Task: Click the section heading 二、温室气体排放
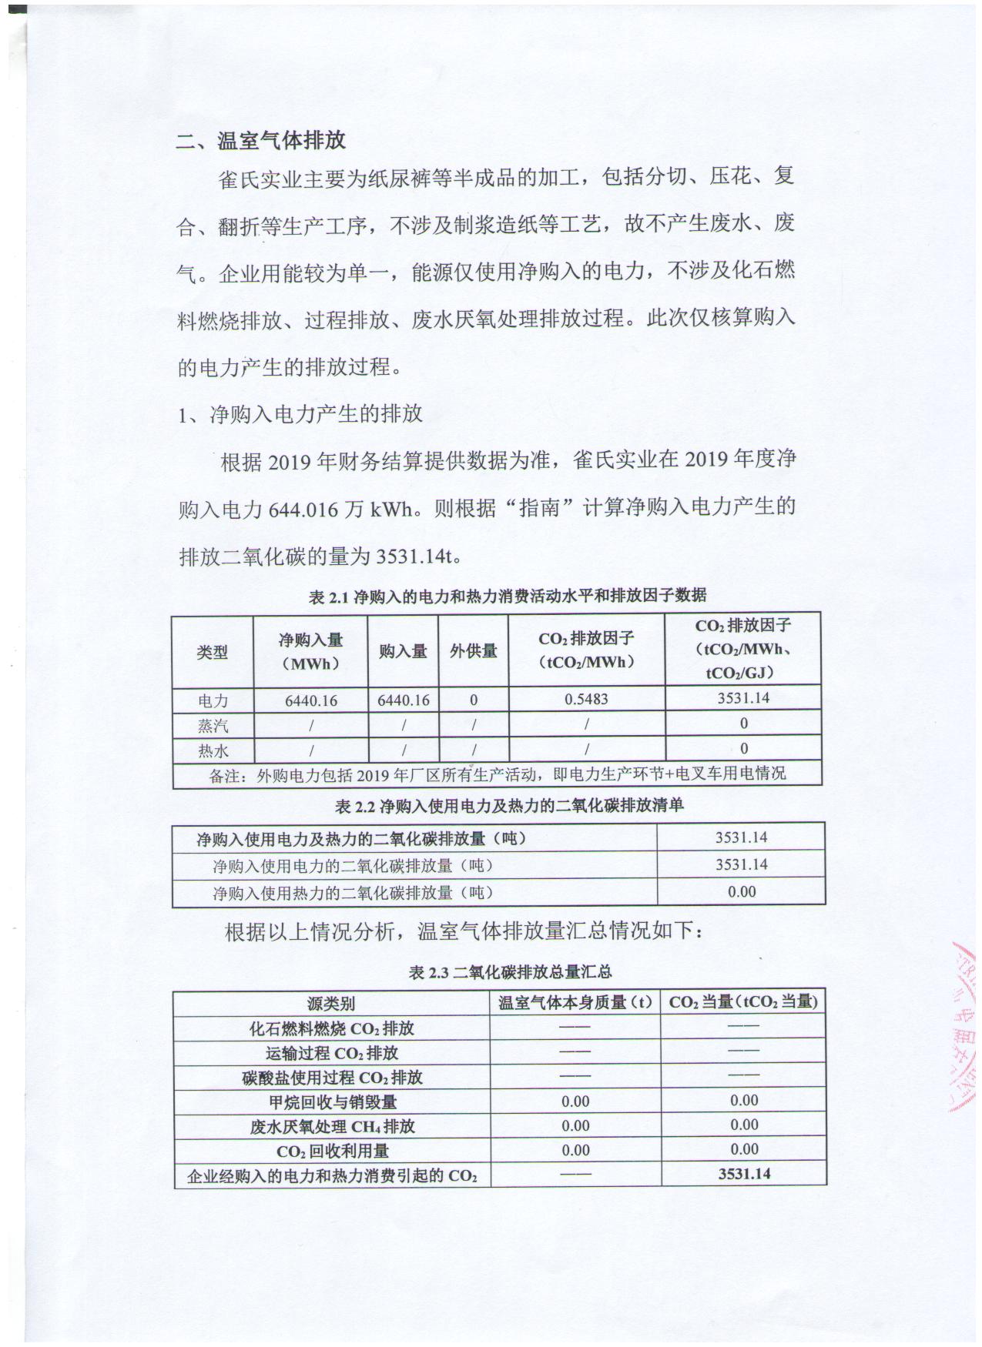click(262, 142)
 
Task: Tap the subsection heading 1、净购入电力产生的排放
click(300, 414)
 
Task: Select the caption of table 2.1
click(508, 596)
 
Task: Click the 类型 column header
click(213, 652)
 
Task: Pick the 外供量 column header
click(473, 651)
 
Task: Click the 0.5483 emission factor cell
click(586, 700)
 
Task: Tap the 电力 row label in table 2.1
click(213, 700)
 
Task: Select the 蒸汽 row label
click(213, 725)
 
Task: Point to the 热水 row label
click(213, 750)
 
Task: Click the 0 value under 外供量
click(473, 700)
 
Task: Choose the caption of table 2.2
click(509, 806)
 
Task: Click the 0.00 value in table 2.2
click(741, 892)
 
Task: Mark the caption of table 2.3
click(510, 973)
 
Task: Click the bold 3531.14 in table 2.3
click(744, 1174)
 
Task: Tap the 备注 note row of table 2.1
click(498, 774)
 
